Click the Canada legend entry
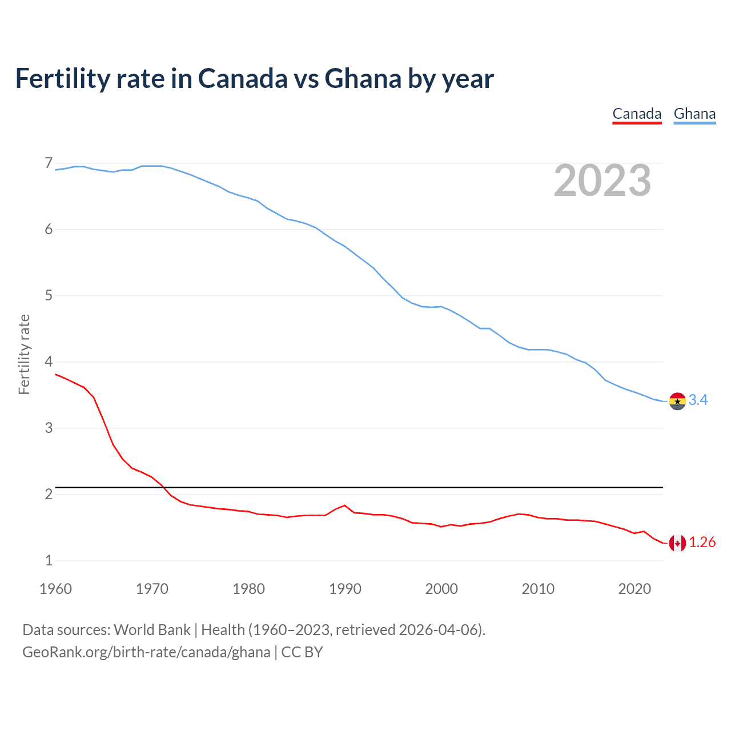(x=637, y=114)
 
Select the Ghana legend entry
(x=694, y=114)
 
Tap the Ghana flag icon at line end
(x=677, y=401)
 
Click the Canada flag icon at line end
(x=677, y=543)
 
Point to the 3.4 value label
(x=698, y=400)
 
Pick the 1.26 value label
(x=702, y=543)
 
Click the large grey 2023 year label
(x=603, y=181)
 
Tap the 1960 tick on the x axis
(x=56, y=589)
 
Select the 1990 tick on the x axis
(x=345, y=589)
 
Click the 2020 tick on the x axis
(x=634, y=589)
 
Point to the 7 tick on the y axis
(x=49, y=163)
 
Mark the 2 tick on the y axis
(x=49, y=494)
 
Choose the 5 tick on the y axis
(x=49, y=296)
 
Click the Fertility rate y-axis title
(x=24, y=354)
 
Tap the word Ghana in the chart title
(x=363, y=79)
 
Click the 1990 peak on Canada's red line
(x=344, y=505)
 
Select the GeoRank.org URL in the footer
(x=146, y=652)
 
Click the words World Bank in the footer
(x=152, y=630)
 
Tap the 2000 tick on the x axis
(x=441, y=589)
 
